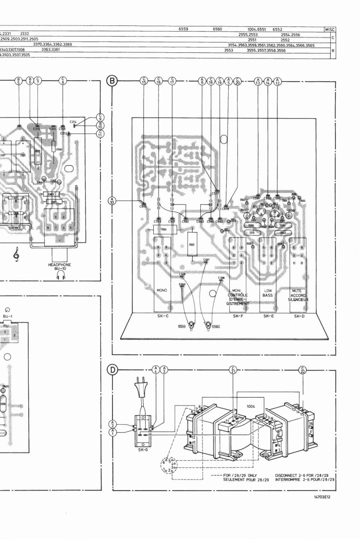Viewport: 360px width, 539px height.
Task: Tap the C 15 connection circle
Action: click(144, 82)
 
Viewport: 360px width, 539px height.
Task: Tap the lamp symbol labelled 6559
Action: click(191, 325)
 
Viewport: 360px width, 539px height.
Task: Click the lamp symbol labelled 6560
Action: click(209, 325)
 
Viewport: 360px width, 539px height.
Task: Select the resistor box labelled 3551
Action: click(164, 230)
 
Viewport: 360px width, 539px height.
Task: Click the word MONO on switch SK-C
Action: click(161, 291)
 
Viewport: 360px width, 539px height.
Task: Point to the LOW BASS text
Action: click(268, 293)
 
